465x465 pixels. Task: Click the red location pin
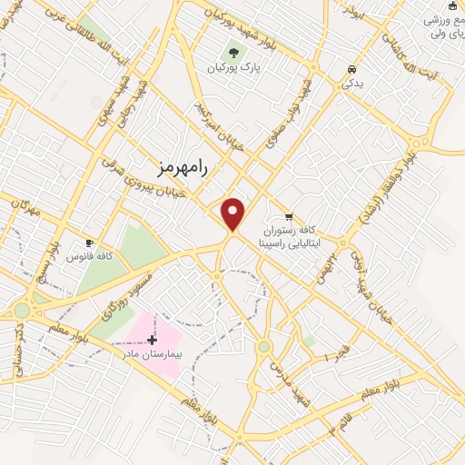tap(233, 214)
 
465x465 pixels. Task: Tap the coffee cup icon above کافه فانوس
tap(89, 242)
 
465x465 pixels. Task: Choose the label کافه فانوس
tap(89, 257)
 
